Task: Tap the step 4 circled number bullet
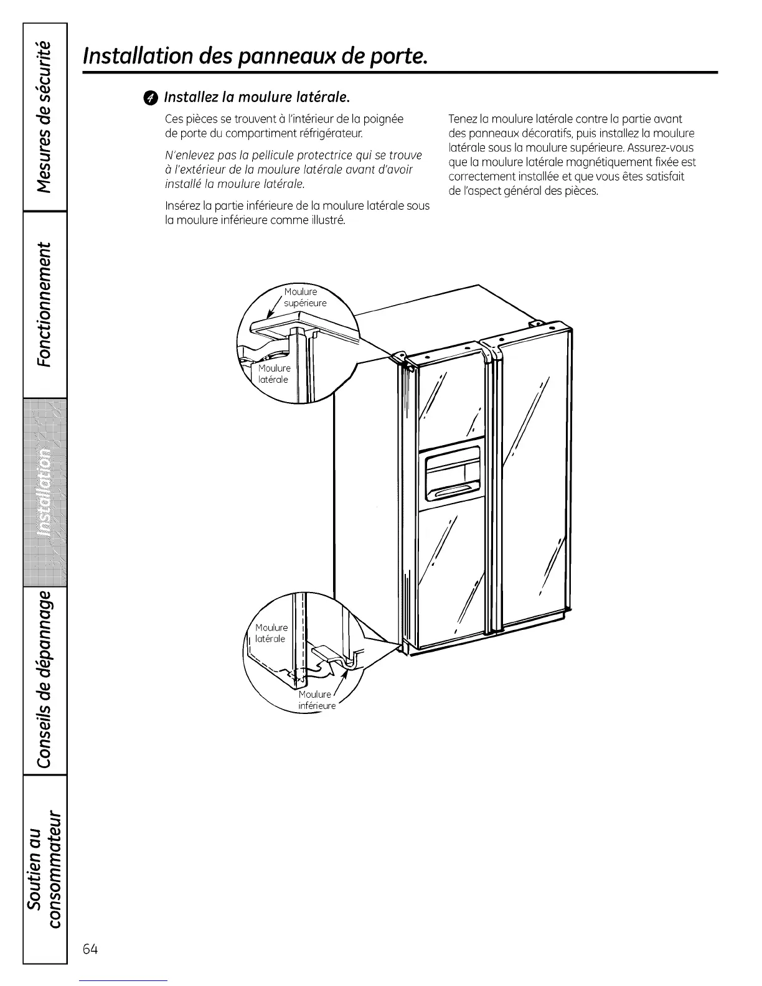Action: click(x=151, y=98)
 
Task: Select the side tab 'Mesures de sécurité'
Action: click(x=45, y=117)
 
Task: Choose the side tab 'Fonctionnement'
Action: click(x=45, y=304)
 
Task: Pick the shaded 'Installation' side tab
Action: click(x=45, y=492)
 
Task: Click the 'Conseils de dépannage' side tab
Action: click(x=45, y=680)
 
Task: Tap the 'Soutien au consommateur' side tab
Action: click(x=45, y=869)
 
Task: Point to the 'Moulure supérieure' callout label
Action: click(x=304, y=298)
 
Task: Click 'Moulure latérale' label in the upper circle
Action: click(x=274, y=374)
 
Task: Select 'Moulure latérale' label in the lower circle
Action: click(x=271, y=633)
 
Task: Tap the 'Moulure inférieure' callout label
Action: click(x=316, y=700)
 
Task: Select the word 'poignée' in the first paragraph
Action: click(x=385, y=119)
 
